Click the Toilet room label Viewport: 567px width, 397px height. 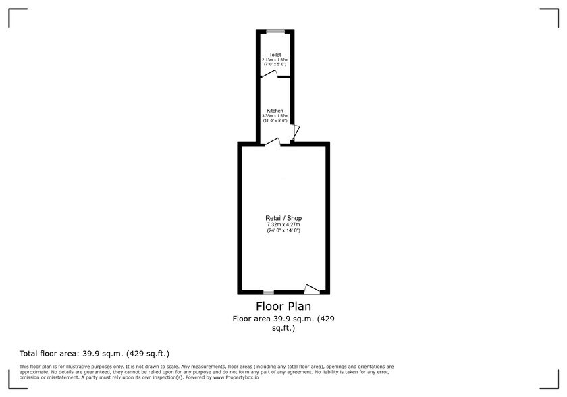275,55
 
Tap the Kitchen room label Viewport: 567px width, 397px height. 275,111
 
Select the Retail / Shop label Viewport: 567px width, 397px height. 283,218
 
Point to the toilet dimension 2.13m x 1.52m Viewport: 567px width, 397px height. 275,59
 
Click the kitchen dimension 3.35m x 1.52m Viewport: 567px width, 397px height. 275,115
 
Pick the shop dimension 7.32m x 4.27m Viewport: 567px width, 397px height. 283,225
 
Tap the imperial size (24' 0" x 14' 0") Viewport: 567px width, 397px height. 283,230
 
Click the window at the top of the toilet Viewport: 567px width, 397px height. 275,32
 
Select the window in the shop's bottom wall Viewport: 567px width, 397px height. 269,292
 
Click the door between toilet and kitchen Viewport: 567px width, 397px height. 269,74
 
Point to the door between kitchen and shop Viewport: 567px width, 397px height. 273,142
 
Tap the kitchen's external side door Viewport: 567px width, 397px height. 296,133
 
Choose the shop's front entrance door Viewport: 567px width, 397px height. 312,289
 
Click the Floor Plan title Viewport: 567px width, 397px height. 283,307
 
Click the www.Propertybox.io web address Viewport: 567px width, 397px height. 236,377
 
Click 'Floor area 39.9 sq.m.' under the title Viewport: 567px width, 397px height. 274,319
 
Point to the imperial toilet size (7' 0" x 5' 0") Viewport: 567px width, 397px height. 275,64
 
